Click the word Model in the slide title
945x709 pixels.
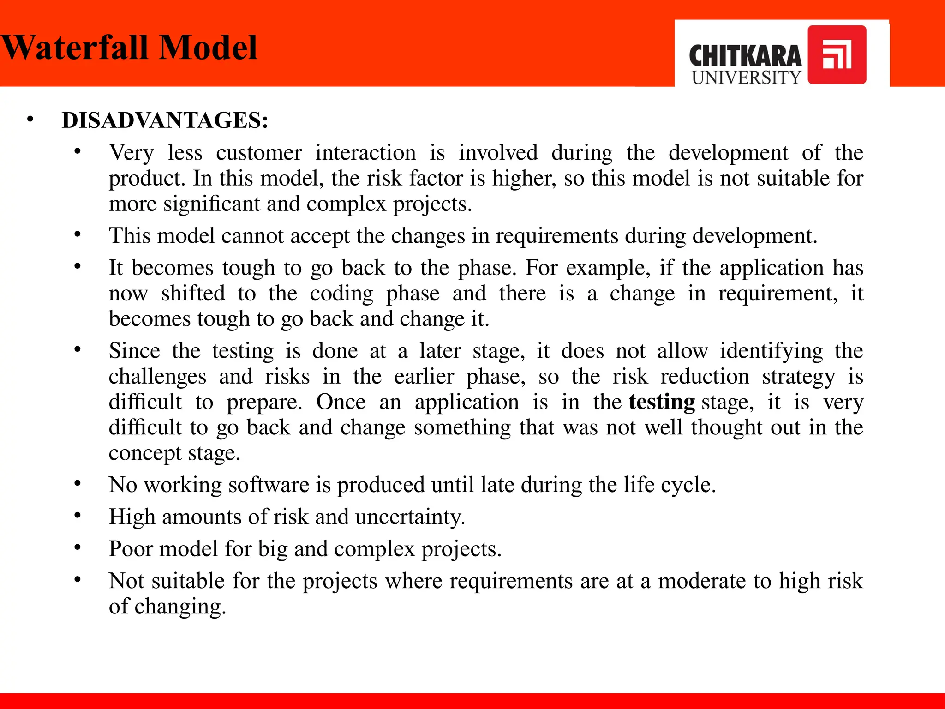(208, 48)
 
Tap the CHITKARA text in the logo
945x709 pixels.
(745, 56)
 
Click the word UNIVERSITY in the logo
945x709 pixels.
(746, 78)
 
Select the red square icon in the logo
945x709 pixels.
(837, 55)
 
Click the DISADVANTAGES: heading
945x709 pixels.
(165, 120)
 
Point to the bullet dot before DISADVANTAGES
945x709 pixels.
(30, 120)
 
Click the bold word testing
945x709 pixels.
(662, 402)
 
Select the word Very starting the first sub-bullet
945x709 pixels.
(131, 153)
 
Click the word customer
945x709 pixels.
(259, 153)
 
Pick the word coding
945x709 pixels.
(341, 294)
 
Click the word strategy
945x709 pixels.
(798, 377)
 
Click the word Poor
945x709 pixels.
(130, 549)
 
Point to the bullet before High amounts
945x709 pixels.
(78, 515)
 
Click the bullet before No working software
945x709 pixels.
(78, 483)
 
